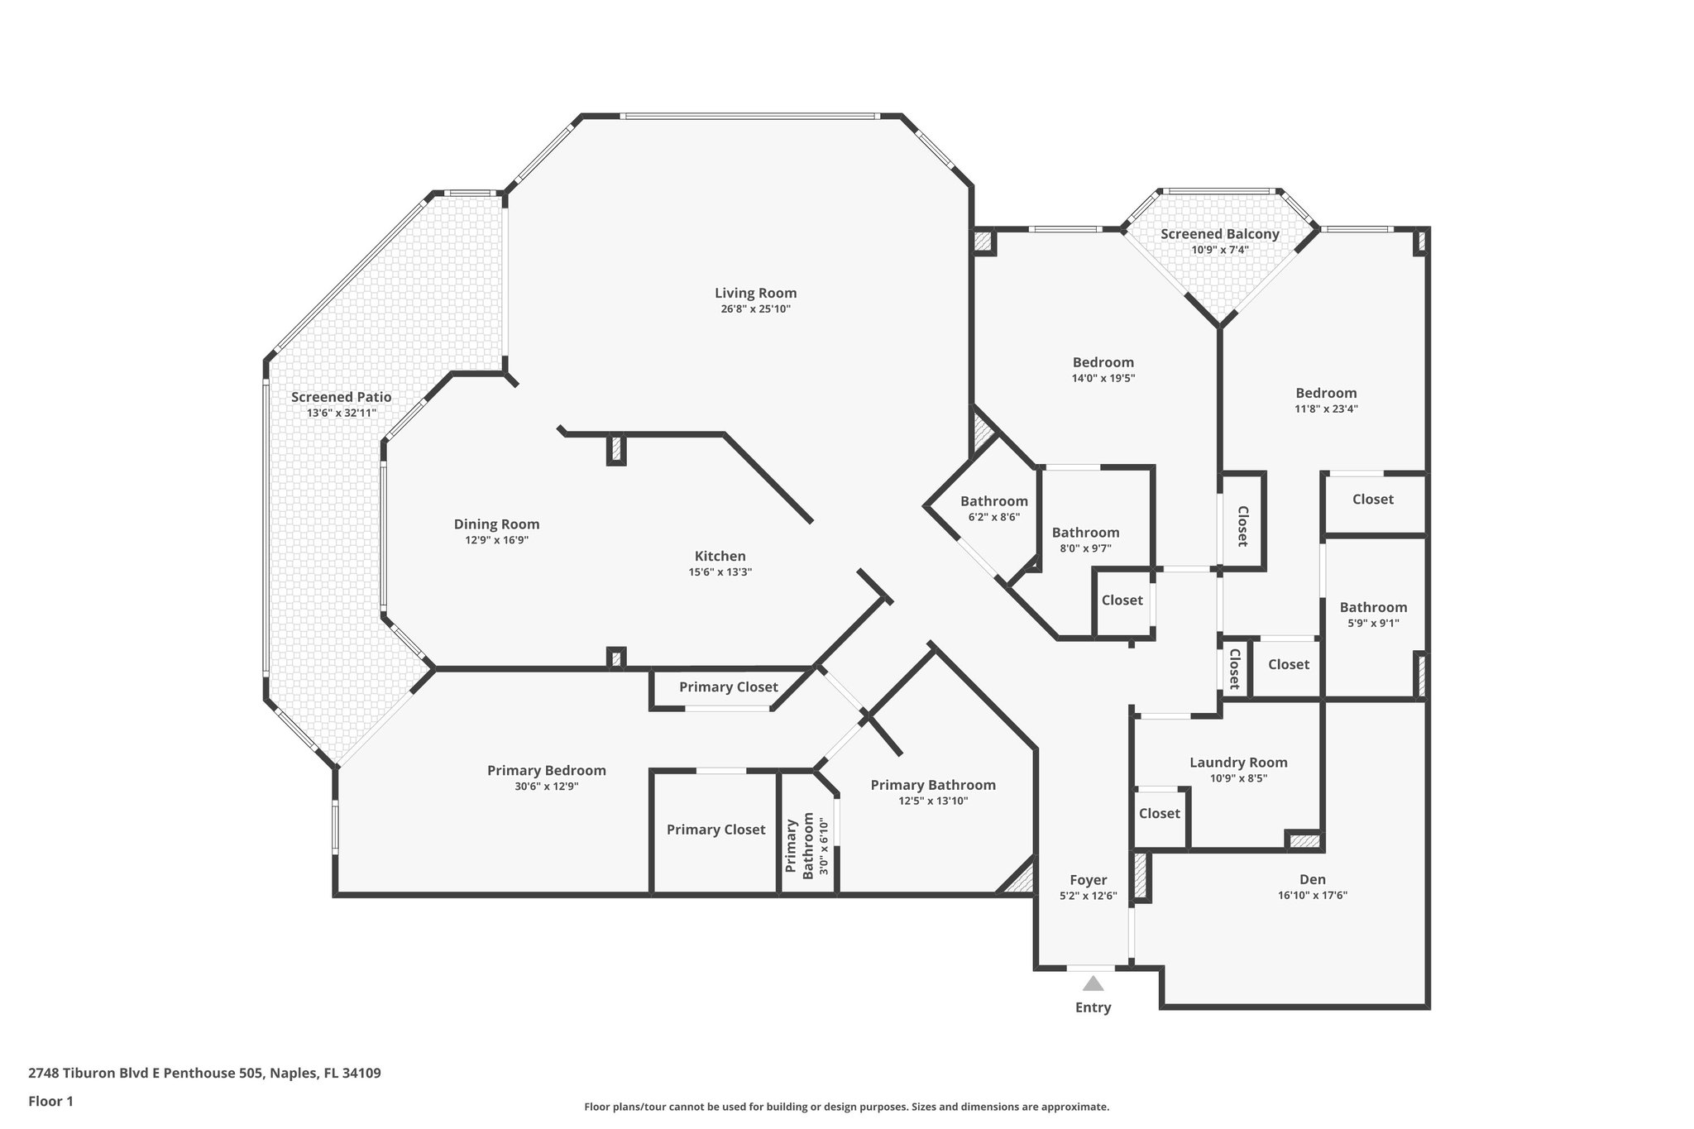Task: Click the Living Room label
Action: click(755, 293)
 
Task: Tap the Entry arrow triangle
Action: click(1093, 983)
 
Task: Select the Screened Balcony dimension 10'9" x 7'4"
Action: click(1219, 250)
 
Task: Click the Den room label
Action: click(1312, 879)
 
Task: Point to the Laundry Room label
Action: click(1238, 763)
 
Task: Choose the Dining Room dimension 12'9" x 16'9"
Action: click(496, 540)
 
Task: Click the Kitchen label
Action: click(720, 556)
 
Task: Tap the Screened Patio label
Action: click(341, 397)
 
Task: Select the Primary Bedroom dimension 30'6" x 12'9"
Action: click(546, 787)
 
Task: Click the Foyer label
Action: click(1088, 880)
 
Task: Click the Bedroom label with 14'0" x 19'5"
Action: click(1103, 362)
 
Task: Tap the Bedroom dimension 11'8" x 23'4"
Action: click(1326, 409)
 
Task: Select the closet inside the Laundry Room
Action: click(1159, 814)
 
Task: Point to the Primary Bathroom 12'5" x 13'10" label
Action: click(932, 785)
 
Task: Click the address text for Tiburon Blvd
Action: click(204, 1074)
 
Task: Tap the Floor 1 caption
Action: click(51, 1101)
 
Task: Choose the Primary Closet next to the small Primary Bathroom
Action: click(715, 830)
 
